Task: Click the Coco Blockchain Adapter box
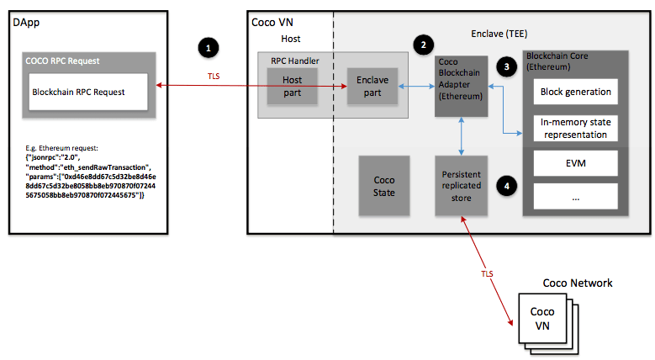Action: pyautogui.click(x=460, y=85)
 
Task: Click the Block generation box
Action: pyautogui.click(x=576, y=91)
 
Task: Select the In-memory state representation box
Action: pyautogui.click(x=576, y=128)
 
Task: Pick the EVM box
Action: pyautogui.click(x=576, y=163)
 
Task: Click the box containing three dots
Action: pyautogui.click(x=576, y=197)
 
